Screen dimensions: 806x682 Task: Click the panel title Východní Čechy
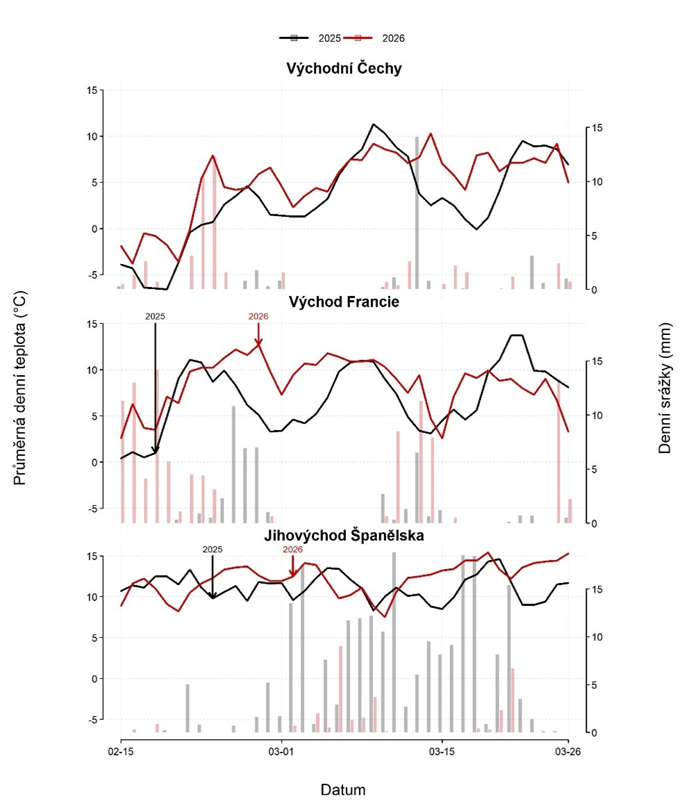(344, 69)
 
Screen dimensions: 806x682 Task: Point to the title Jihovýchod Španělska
(344, 536)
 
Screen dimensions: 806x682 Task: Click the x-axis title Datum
(343, 790)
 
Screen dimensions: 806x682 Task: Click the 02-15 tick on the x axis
(122, 752)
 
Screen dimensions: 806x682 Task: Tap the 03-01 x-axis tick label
(281, 752)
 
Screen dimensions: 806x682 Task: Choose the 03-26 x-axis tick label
(568, 752)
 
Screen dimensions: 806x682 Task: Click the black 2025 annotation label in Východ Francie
(155, 316)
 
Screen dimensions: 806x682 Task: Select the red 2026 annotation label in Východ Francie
(258, 316)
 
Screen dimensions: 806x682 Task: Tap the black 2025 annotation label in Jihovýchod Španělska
(213, 549)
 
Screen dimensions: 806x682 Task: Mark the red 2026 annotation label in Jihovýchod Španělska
(293, 549)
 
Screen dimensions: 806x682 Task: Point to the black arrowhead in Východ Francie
(156, 451)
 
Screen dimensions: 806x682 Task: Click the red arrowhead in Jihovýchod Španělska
(292, 573)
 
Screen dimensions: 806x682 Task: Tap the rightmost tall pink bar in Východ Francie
(558, 452)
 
